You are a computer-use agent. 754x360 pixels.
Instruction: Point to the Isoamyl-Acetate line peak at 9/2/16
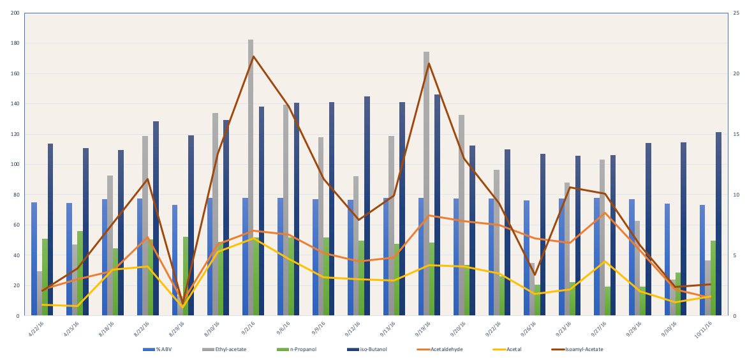click(253, 56)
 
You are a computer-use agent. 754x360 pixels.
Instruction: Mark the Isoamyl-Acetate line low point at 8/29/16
click(182, 303)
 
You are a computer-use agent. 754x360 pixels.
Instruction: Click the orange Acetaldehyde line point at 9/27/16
click(604, 213)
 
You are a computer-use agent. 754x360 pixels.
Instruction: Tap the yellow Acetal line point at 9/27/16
click(604, 261)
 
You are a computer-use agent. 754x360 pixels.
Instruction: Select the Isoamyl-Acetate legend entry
click(577, 349)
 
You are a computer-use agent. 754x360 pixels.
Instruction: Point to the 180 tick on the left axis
click(15, 43)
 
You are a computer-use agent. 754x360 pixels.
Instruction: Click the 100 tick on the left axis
click(15, 165)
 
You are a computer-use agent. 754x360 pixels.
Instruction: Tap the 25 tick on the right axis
click(736, 13)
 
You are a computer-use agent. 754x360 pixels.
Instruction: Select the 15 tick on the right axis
click(736, 134)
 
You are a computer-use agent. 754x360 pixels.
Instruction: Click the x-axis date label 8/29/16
click(177, 328)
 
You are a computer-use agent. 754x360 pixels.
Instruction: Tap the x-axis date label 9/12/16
click(353, 328)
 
